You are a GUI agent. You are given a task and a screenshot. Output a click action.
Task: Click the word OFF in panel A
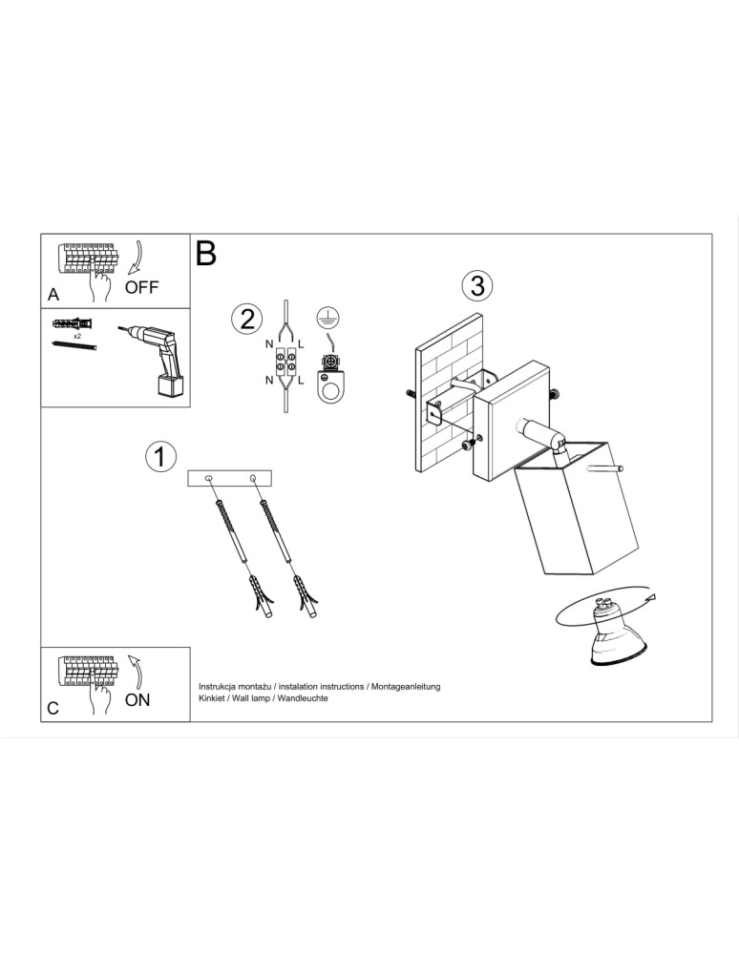click(142, 287)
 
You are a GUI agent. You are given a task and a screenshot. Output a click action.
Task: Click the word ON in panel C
click(137, 699)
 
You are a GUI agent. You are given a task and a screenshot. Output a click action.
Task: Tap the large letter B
click(206, 254)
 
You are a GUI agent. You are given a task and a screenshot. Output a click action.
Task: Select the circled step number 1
click(160, 456)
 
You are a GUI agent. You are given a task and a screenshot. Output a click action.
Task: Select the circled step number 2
click(247, 319)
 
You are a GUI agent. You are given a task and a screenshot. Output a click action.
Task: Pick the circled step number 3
click(477, 284)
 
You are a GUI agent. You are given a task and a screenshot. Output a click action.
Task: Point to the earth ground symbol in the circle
click(329, 319)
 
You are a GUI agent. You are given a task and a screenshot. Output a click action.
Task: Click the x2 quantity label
click(75, 336)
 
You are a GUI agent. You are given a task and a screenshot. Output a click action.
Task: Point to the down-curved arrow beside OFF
click(137, 258)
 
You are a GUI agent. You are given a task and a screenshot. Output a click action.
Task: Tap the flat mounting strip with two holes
click(230, 478)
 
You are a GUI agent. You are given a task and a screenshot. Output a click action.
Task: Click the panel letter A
click(53, 297)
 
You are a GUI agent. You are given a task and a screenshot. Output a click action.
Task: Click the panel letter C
click(53, 708)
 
